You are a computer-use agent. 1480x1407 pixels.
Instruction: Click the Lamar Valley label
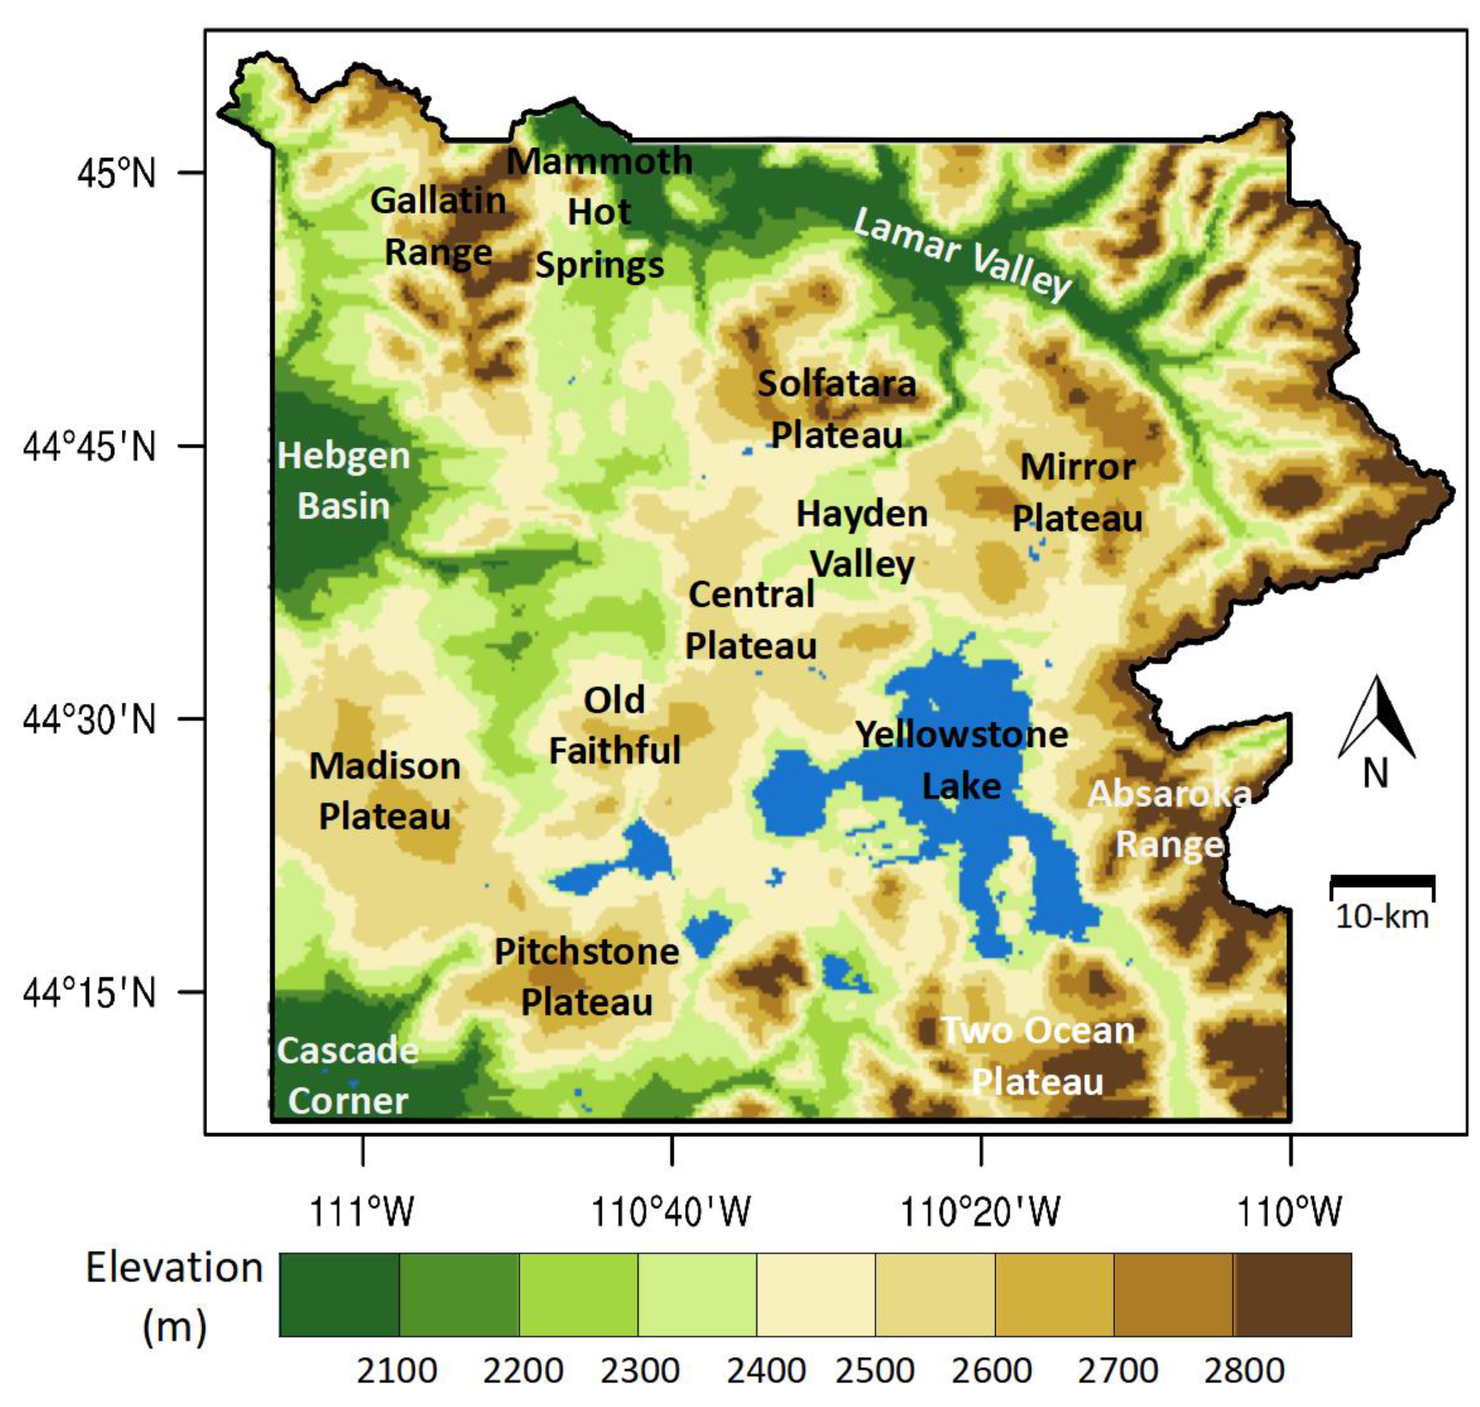(962, 255)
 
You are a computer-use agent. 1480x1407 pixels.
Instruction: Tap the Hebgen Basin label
(343, 481)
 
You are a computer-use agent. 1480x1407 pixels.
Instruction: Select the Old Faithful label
(615, 725)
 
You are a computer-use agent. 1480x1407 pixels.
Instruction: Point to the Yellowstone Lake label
(961, 760)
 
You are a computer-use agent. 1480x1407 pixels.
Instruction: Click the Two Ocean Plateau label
(1038, 1056)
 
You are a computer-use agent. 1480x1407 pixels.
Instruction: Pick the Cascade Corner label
(348, 1076)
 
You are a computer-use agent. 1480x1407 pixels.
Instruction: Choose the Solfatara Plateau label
(837, 409)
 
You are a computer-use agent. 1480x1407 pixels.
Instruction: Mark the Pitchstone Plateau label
(587, 977)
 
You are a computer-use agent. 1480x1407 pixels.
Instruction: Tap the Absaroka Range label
(1169, 819)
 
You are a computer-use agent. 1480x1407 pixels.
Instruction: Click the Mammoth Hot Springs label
(600, 213)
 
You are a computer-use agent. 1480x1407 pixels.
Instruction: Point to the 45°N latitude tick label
(117, 173)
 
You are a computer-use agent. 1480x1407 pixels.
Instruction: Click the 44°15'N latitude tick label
(90, 993)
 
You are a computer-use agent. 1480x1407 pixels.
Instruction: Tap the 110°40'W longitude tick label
(671, 1212)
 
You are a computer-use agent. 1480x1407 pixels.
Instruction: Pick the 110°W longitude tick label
(1289, 1212)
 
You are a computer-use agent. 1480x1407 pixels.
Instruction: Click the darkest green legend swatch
(339, 1295)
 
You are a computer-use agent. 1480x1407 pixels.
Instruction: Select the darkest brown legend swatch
(1292, 1295)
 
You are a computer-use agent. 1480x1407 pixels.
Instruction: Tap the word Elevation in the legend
(174, 1268)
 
